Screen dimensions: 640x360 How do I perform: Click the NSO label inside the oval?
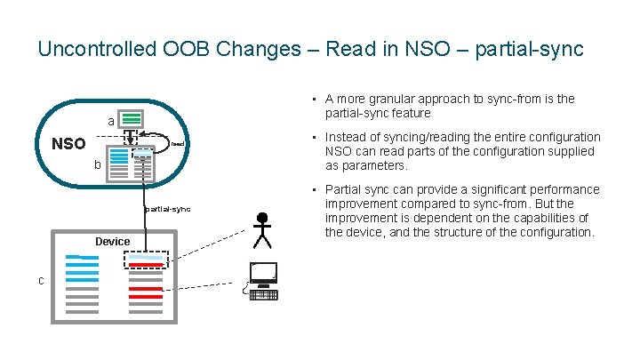pos(68,144)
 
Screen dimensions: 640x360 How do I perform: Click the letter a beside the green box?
pos(110,121)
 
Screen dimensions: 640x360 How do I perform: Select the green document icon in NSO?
pos(132,119)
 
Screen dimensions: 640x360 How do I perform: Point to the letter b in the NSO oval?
pos(97,164)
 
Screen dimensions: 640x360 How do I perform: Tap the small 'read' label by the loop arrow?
pos(177,144)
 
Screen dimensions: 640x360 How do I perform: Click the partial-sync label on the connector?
pos(167,210)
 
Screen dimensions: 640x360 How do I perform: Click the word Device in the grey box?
pos(113,242)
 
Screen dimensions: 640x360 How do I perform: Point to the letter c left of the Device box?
pos(41,281)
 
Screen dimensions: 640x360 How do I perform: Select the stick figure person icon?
pos(261,230)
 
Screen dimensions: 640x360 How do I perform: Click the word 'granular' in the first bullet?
pos(398,100)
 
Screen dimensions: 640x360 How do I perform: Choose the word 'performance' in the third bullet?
pos(560,189)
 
